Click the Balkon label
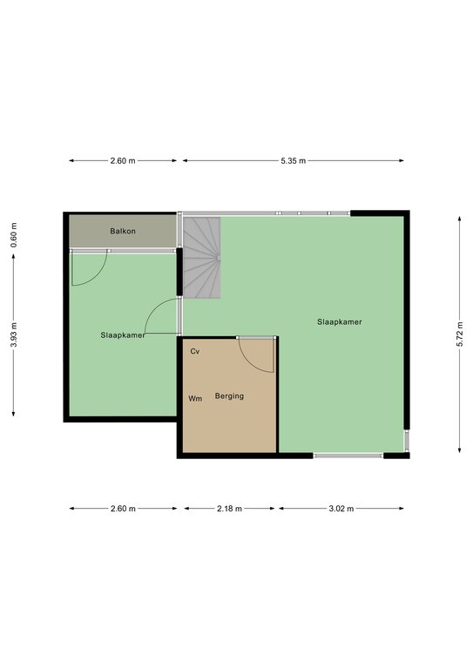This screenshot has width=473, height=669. (x=123, y=231)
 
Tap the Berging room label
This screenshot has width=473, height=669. (x=229, y=396)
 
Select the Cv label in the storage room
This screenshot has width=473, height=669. (x=195, y=352)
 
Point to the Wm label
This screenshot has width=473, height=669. (x=195, y=398)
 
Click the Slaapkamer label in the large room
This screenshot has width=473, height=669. (x=340, y=322)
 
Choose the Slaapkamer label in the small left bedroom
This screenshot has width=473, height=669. (x=123, y=335)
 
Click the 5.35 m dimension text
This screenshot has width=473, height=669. (x=294, y=161)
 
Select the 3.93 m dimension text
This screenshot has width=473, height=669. (x=14, y=334)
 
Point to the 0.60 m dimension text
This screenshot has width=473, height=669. (x=14, y=235)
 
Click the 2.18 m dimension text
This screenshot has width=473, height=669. (x=229, y=509)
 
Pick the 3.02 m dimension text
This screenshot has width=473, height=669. (x=341, y=509)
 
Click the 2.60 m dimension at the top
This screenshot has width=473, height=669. (x=123, y=161)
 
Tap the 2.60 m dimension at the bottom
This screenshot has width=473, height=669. (x=123, y=509)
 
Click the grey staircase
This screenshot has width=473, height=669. (x=202, y=257)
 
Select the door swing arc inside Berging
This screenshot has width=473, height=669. (x=248, y=362)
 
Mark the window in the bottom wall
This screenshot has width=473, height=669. (x=348, y=456)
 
